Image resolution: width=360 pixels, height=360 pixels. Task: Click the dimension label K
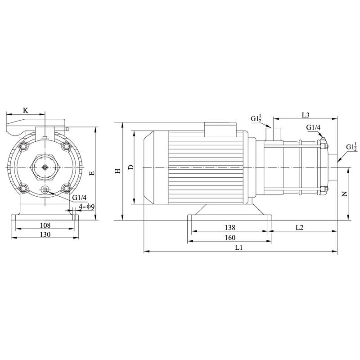[26, 110]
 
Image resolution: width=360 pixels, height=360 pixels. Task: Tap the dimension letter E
[92, 173]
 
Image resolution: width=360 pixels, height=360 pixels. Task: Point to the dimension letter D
[130, 167]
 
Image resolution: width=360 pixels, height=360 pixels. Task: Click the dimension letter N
[344, 194]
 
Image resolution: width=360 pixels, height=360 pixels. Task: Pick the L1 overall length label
[239, 247]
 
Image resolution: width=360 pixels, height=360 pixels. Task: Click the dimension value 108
[45, 225]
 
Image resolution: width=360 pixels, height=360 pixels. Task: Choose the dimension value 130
[45, 234]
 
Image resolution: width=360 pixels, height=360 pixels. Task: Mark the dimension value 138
[229, 228]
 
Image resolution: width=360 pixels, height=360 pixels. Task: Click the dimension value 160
[229, 237]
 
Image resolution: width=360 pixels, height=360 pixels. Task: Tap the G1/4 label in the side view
[313, 128]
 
